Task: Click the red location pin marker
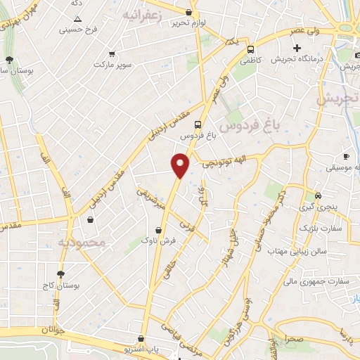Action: click(181, 165)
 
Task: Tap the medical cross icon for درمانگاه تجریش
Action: click(297, 49)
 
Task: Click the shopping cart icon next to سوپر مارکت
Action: click(112, 53)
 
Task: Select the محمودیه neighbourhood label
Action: click(81, 243)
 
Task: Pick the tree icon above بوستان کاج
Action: click(61, 274)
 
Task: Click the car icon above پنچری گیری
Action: click(318, 195)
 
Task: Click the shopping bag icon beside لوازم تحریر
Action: click(188, 12)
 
